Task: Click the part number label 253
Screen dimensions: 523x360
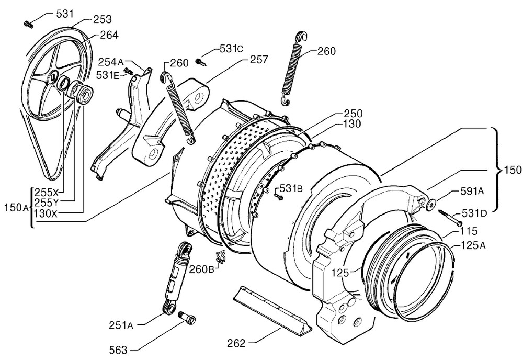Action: point(103,19)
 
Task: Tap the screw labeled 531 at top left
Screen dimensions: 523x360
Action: point(28,24)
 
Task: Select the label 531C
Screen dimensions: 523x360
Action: point(231,48)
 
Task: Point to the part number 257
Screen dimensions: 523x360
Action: point(259,59)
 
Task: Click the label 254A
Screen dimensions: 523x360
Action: point(111,62)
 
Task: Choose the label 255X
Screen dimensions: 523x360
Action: point(47,193)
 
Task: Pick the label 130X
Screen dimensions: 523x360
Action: point(46,213)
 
